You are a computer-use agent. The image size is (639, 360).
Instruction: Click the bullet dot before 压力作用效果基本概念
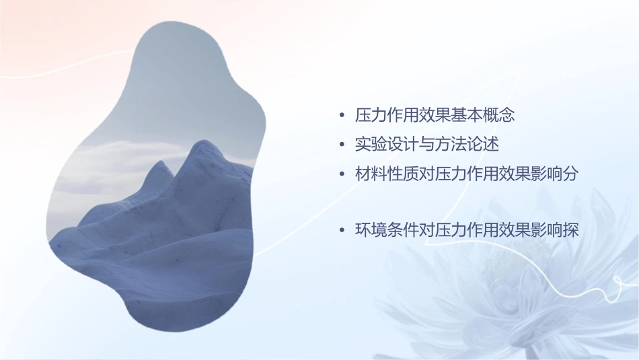(x=343, y=116)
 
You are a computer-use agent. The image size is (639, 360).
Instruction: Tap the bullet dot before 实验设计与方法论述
(x=343, y=145)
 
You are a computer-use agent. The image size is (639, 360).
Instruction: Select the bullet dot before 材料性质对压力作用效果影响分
(x=343, y=174)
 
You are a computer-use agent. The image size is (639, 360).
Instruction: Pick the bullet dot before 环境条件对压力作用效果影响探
(x=343, y=231)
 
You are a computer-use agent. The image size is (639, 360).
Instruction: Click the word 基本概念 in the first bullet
(x=483, y=116)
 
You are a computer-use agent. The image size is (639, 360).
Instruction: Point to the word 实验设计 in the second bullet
(x=387, y=145)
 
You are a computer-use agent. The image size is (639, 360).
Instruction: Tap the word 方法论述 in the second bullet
(x=467, y=145)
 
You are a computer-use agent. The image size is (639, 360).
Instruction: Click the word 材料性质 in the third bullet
(x=387, y=174)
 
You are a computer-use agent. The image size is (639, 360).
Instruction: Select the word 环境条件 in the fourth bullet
(x=387, y=231)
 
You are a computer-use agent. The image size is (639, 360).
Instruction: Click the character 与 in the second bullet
(x=427, y=145)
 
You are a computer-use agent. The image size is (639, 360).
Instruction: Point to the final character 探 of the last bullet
(x=570, y=231)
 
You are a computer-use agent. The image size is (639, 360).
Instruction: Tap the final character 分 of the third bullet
(x=570, y=174)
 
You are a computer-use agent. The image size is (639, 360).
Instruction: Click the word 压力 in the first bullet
(x=371, y=116)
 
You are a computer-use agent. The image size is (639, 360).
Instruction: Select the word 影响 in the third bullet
(x=546, y=174)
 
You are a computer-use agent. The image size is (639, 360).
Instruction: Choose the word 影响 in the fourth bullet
(x=546, y=231)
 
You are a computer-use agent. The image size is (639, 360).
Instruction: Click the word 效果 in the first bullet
(x=435, y=116)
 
